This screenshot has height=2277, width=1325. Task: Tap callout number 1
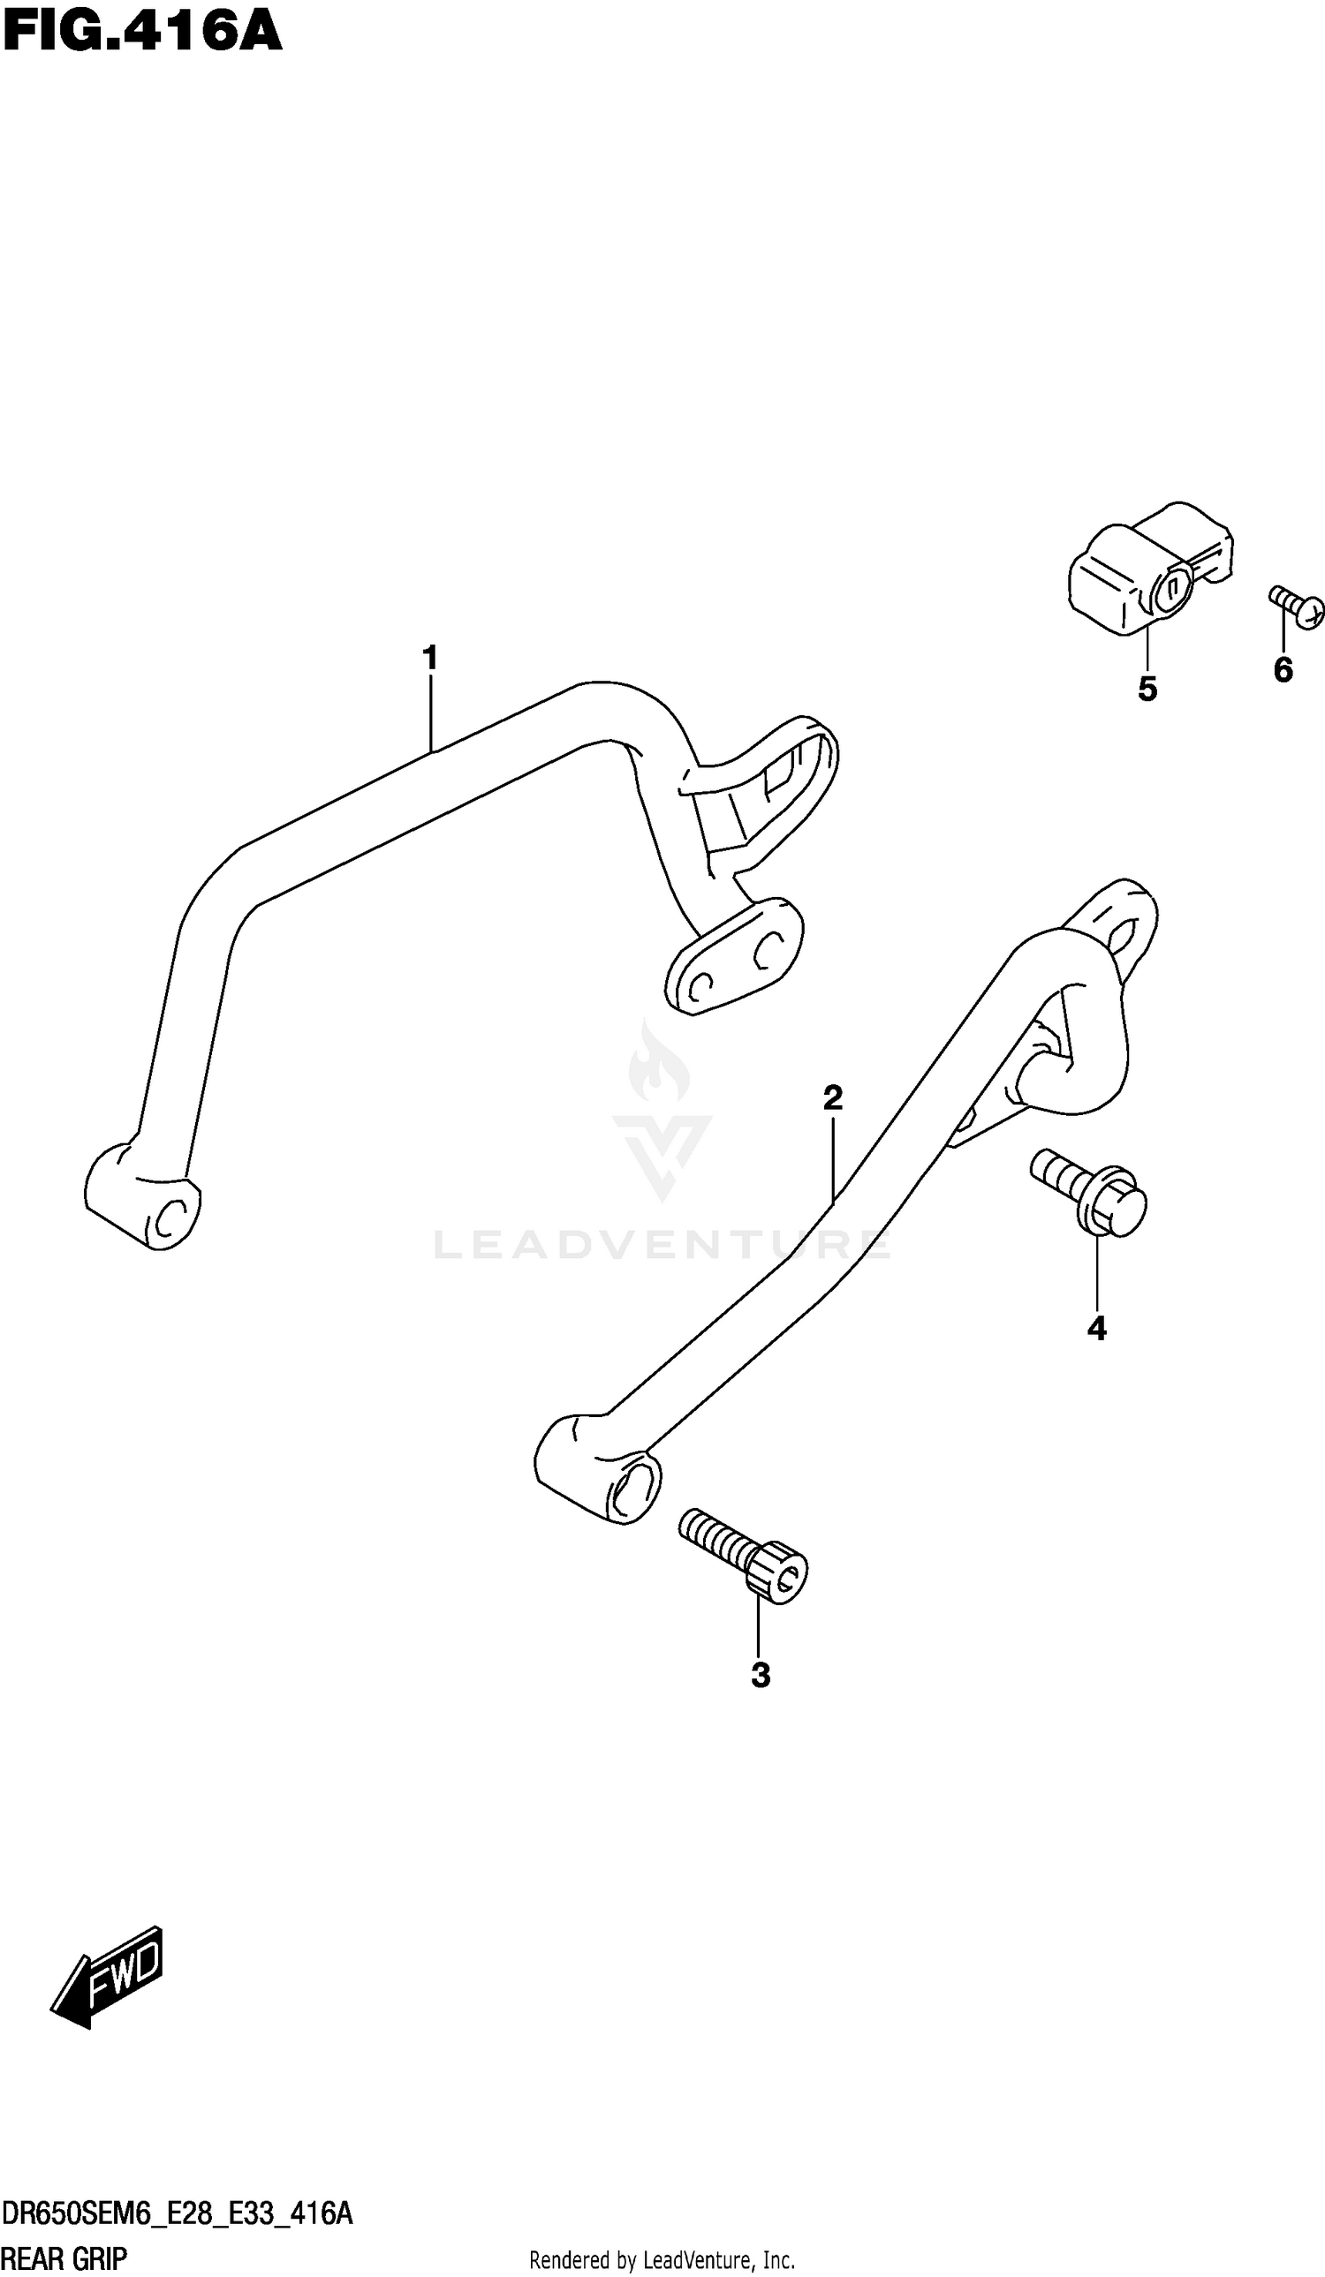[430, 658]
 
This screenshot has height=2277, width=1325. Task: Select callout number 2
[832, 1097]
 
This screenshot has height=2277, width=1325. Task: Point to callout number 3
[761, 1674]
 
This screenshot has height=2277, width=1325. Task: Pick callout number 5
[1147, 690]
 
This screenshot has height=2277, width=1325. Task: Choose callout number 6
[1283, 669]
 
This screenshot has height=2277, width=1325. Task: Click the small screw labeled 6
[1298, 607]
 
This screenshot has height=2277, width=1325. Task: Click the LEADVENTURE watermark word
[662, 1245]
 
